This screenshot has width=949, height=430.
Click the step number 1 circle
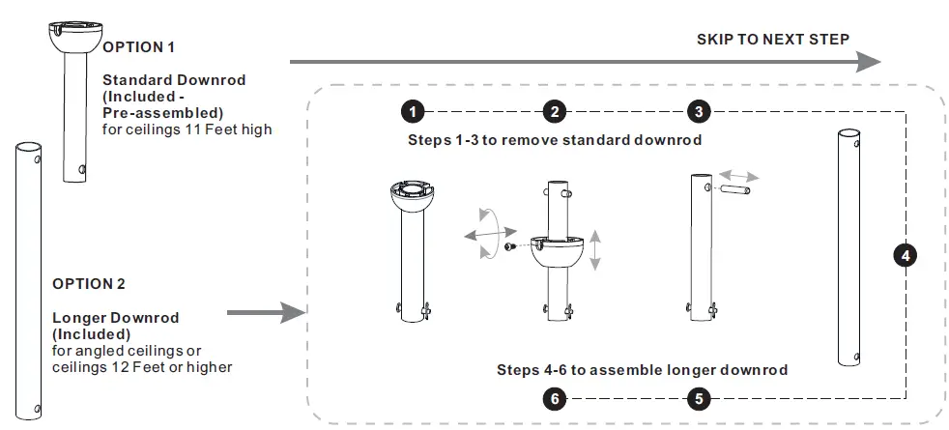414,111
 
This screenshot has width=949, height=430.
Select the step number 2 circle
554,111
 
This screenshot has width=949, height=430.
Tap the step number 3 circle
699,111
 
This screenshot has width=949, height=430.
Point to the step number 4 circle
905,256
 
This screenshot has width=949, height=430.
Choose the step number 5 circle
699,397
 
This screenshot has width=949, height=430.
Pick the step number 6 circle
554,397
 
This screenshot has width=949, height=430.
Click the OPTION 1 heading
139,46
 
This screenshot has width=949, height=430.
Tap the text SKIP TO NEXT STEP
773,40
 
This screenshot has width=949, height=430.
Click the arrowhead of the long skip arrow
868,61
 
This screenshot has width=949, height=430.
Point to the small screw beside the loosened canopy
509,247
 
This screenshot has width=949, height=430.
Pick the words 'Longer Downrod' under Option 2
115,318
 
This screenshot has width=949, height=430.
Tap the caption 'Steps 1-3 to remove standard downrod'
554,140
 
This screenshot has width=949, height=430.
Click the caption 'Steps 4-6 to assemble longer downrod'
643,369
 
